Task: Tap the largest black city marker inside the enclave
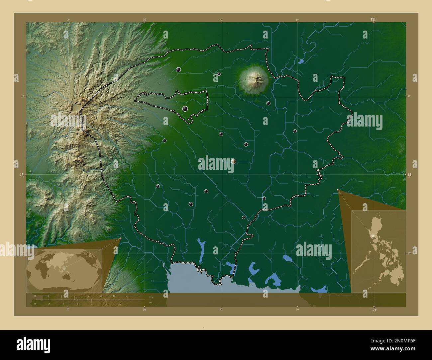(x=185, y=109)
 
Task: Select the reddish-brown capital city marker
(x=233, y=161)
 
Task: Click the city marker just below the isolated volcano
(x=268, y=103)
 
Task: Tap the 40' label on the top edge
(x=221, y=20)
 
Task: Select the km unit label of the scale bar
(x=151, y=297)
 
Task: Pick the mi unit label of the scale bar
(x=151, y=303)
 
